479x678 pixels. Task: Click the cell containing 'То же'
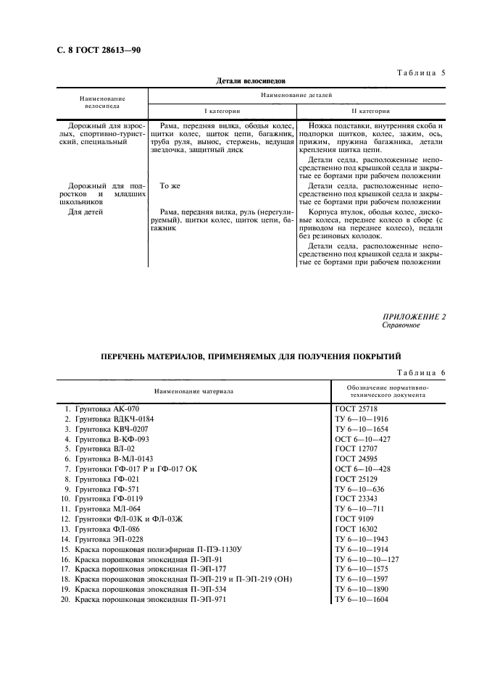pos(169,186)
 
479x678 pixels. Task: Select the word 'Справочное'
pos(401,325)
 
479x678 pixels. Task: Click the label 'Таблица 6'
pos(420,372)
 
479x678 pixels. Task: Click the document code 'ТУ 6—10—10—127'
pos(368,560)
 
